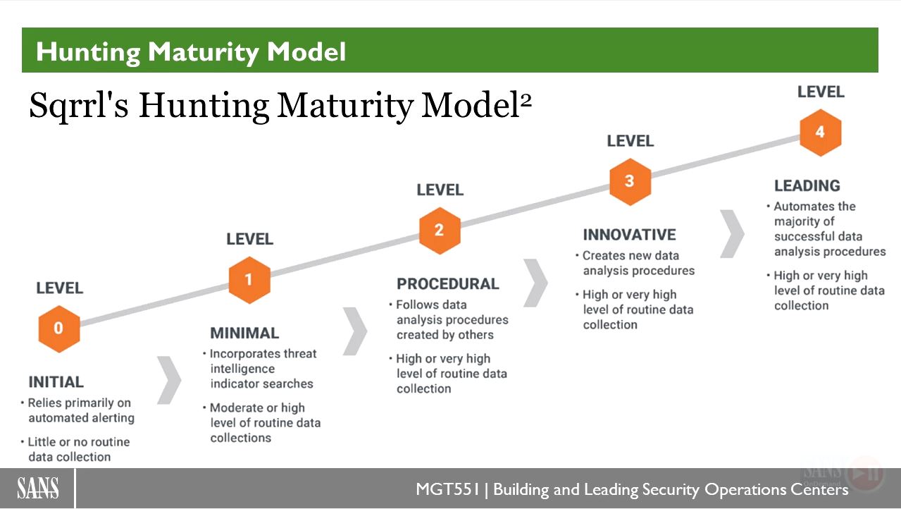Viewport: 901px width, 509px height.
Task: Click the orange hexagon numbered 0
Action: click(x=59, y=329)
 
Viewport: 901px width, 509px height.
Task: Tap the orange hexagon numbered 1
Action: click(x=249, y=279)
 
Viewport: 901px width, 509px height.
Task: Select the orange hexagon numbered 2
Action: click(x=440, y=231)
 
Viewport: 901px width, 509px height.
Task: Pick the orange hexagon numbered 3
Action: click(x=630, y=182)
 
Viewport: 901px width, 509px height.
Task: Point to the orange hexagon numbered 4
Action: click(x=821, y=133)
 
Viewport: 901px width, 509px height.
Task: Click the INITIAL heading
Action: click(x=56, y=382)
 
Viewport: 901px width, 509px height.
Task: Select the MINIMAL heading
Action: click(x=244, y=333)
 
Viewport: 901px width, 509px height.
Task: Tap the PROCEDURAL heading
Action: click(x=448, y=284)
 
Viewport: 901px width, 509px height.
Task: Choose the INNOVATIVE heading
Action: click(x=630, y=235)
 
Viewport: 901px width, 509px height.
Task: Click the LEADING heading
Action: click(x=807, y=185)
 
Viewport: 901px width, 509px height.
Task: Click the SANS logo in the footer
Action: click(x=38, y=488)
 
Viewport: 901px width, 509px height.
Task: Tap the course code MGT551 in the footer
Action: click(x=448, y=489)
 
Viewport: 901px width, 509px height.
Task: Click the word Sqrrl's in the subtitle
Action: click(x=79, y=106)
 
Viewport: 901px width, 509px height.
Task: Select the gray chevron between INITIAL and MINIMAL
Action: click(x=169, y=380)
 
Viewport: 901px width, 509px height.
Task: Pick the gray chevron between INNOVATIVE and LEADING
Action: click(x=732, y=233)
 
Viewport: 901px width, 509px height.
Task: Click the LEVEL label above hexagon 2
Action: click(x=440, y=190)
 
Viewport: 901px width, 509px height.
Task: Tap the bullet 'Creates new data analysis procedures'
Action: click(x=635, y=263)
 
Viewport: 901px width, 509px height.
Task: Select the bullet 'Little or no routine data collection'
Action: click(x=75, y=449)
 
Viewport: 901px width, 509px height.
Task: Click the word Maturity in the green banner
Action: click(x=204, y=52)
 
